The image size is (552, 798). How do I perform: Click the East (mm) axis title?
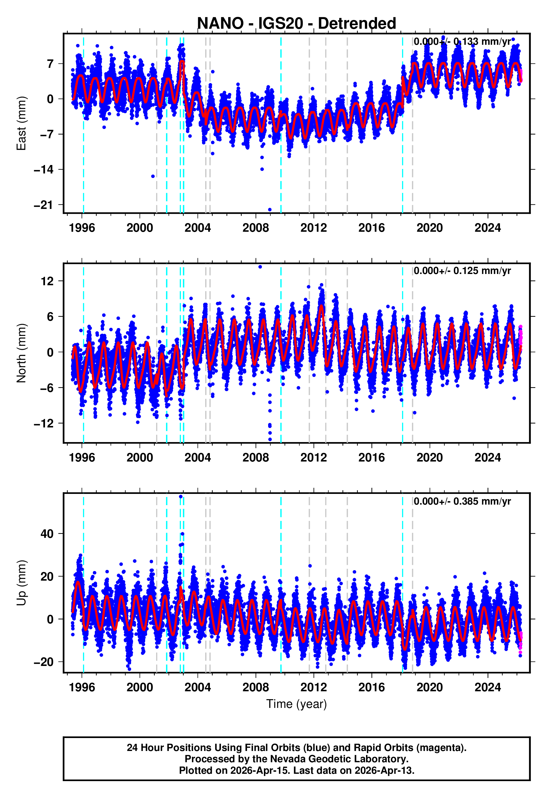tap(21, 123)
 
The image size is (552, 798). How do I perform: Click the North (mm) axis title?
tap(21, 353)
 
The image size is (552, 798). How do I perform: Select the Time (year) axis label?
tap(297, 704)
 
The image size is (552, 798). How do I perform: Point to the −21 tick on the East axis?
tap(44, 205)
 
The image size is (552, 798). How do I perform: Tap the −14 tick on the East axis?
tap(44, 170)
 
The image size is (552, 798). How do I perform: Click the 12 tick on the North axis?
tap(47, 281)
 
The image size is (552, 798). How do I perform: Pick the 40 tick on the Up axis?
tap(47, 534)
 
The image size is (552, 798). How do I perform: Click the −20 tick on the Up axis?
tap(44, 662)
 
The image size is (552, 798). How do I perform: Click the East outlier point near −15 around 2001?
tap(153, 176)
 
